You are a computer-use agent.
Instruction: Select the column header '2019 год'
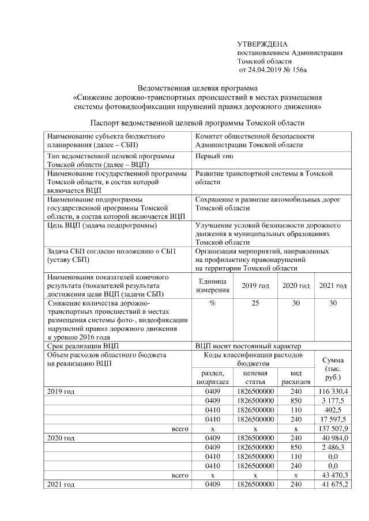tap(255, 286)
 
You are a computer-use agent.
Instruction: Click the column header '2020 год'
tap(296, 286)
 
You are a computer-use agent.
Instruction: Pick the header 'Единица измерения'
tap(213, 286)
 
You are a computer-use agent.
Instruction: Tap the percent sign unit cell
tap(213, 303)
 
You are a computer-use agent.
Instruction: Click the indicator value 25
tap(255, 303)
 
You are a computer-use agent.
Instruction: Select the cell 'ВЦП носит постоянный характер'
tap(248, 346)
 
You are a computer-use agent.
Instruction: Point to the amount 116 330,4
tap(332, 391)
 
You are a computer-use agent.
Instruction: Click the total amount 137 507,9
tap(332, 428)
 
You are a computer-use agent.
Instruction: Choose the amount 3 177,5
tap(334, 400)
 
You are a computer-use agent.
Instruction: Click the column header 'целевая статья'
tap(255, 378)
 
